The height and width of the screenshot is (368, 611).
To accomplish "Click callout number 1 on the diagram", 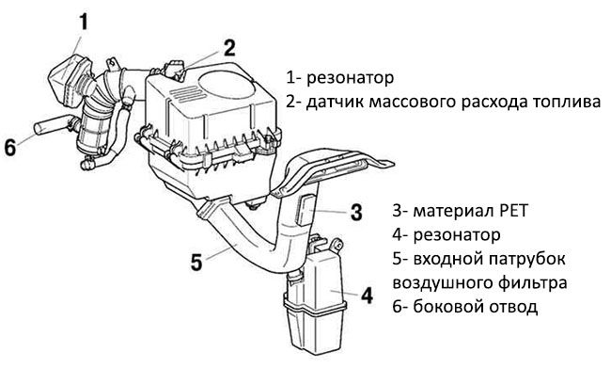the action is pyautogui.click(x=84, y=22).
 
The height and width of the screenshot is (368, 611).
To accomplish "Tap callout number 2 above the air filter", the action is pyautogui.click(x=228, y=48).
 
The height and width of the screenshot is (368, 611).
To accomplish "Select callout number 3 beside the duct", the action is pyautogui.click(x=355, y=212).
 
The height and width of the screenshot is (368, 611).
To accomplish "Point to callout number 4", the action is pyautogui.click(x=367, y=295).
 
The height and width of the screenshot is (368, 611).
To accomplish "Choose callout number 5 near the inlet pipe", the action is pyautogui.click(x=196, y=262).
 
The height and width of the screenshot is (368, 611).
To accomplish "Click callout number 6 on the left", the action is pyautogui.click(x=10, y=148).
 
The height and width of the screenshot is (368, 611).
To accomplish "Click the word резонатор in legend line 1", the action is pyautogui.click(x=350, y=78).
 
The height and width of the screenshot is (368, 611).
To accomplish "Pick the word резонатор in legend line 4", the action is pyautogui.click(x=457, y=235).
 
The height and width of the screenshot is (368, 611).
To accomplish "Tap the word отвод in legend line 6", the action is pyautogui.click(x=513, y=307).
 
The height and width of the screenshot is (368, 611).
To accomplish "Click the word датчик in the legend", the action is pyautogui.click(x=335, y=102).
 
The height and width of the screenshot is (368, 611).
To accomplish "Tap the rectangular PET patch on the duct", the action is pyautogui.click(x=305, y=210).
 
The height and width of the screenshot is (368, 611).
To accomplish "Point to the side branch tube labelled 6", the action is pyautogui.click(x=54, y=125).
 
